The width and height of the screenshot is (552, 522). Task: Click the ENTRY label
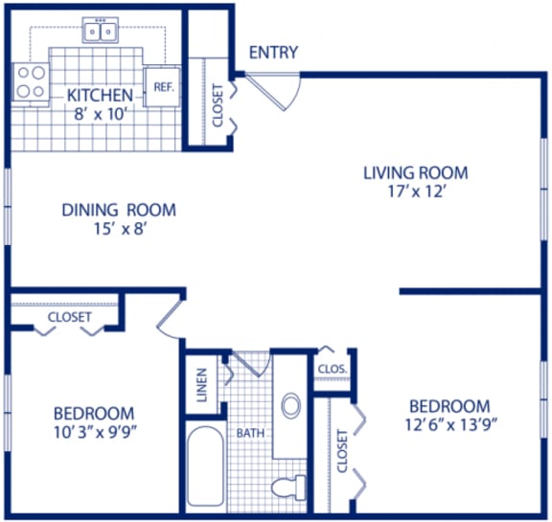point(273,53)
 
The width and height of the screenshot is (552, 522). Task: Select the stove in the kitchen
point(31,82)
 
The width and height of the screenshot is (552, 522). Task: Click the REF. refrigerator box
point(160,86)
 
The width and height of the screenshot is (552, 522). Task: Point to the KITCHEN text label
point(99,96)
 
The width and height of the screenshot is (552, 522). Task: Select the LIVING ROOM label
point(415,172)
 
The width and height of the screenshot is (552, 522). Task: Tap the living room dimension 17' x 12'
point(415,191)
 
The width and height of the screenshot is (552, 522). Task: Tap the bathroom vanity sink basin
point(291,405)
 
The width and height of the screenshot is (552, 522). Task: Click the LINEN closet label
point(202,387)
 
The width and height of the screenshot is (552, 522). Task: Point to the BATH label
point(250,434)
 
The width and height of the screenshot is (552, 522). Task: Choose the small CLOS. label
point(332,368)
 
